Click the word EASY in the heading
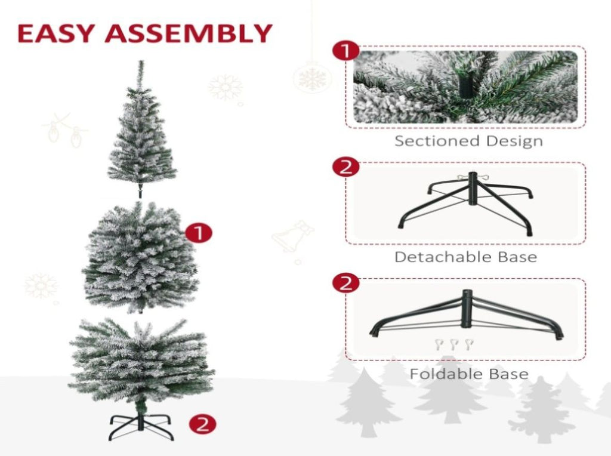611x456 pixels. pos(56,33)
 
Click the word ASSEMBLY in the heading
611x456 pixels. pos(188,33)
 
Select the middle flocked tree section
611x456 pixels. pos(140,257)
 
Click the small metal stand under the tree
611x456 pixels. pos(141,427)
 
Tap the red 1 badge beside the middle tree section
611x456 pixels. pos(199,233)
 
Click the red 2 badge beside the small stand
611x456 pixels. pos(203,424)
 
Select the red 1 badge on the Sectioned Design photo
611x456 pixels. pos(346,51)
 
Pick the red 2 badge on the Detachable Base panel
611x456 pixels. pos(346,167)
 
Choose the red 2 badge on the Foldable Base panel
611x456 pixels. pos(346,284)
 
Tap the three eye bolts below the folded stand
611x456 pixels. pos(454,344)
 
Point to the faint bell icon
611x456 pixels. pos(293,237)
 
